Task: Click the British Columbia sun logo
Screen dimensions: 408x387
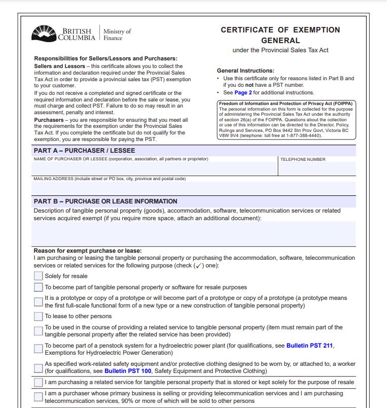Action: click(x=44, y=33)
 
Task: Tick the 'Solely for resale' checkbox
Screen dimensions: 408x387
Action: click(x=39, y=276)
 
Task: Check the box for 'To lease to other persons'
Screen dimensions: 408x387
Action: click(x=39, y=316)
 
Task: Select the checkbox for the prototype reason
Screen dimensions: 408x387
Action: click(x=39, y=302)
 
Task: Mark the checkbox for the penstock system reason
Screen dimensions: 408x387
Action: click(x=39, y=349)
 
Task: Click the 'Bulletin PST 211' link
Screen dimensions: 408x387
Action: click(x=309, y=346)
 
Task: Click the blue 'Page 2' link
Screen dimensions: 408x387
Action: click(x=243, y=93)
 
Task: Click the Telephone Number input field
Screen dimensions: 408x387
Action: click(x=316, y=169)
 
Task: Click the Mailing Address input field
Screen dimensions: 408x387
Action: click(x=193, y=188)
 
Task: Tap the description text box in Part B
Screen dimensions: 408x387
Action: click(x=193, y=233)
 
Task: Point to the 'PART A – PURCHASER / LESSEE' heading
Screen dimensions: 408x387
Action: click(x=84, y=151)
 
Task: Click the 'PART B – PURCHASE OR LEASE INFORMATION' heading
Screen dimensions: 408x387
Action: click(x=105, y=201)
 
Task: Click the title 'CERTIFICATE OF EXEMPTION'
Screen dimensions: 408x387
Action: click(x=280, y=30)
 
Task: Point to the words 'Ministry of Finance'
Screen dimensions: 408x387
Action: click(x=117, y=35)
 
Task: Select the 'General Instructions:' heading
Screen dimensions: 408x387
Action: click(x=245, y=71)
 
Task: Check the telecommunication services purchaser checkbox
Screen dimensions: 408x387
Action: click(x=39, y=397)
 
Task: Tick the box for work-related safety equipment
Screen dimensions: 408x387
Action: click(x=39, y=368)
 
